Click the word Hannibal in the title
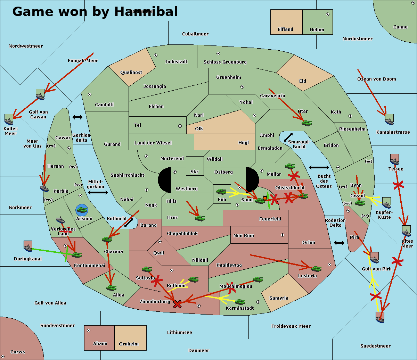coord(146,11)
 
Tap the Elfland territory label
coord(285,30)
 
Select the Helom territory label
coord(317,30)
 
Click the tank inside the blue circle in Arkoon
coord(82,210)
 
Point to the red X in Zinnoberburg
coord(177,304)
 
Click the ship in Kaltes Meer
coord(9,119)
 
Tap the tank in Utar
coord(306,123)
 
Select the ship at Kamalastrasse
coord(389,119)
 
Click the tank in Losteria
coord(316,269)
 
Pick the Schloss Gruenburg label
coord(225,62)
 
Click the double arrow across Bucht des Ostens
coord(319,168)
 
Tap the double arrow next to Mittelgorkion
coord(98,193)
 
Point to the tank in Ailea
coord(111,288)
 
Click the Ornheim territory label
coord(129,344)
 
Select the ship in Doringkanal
coord(28,246)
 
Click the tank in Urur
coord(200,218)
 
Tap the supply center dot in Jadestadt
coord(156,55)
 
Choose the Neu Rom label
coord(244,236)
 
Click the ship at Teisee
coord(394,159)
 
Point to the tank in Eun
coord(221,192)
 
